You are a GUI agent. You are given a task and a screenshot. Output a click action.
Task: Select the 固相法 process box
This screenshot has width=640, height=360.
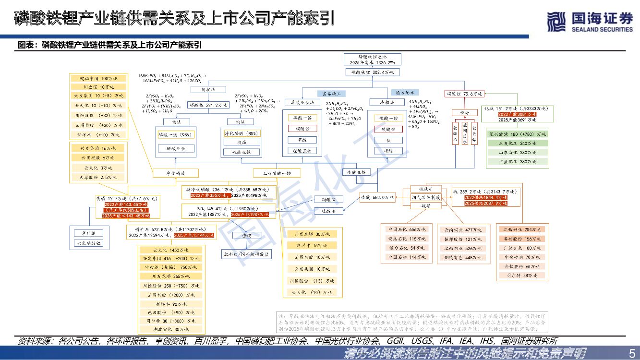(201, 90)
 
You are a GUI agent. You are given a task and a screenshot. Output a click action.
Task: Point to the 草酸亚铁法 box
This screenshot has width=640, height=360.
(302, 102)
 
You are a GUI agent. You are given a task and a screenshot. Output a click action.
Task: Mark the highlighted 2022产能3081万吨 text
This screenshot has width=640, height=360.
(517, 114)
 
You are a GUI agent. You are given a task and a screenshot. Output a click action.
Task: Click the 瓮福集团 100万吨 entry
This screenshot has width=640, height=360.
(98, 78)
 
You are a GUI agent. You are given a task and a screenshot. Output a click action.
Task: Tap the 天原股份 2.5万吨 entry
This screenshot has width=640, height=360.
(99, 177)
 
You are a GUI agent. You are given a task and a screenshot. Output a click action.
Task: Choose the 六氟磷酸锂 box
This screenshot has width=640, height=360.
(89, 243)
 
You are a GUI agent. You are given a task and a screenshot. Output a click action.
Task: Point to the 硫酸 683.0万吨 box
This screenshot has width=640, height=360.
(377, 197)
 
